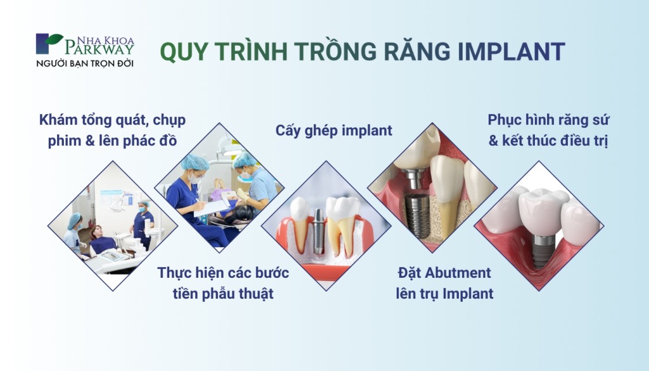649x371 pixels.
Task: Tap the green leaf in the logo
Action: [x=54, y=40]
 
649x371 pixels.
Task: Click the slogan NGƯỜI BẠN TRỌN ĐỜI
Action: [x=85, y=63]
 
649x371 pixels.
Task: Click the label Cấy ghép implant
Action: [x=333, y=131]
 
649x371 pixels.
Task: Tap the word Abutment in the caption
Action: [x=459, y=273]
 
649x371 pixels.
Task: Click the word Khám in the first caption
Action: [x=58, y=120]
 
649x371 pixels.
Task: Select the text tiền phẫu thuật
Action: [x=223, y=294]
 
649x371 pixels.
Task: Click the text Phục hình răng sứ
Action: [x=548, y=120]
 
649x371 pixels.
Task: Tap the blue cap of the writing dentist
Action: [x=195, y=163]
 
